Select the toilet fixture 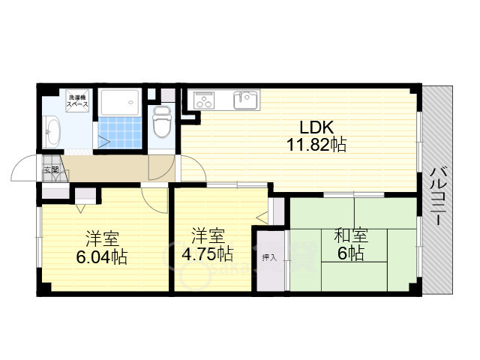(162, 121)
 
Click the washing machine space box (78, 102)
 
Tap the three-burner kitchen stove (204, 100)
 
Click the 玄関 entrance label (50, 170)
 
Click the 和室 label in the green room (350, 235)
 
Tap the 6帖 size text (350, 253)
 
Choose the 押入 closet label (268, 257)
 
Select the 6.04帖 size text (101, 257)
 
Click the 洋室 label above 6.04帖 (101, 239)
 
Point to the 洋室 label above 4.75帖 (206, 234)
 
